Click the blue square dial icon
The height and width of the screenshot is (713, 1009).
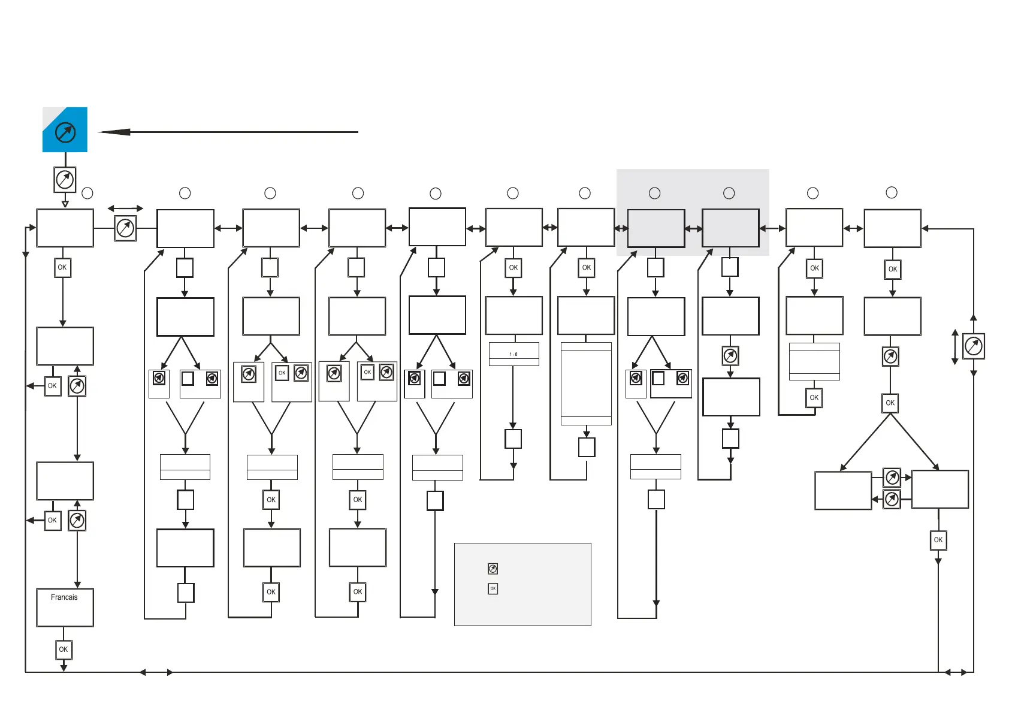(x=65, y=130)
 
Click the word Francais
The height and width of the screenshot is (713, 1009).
(x=64, y=597)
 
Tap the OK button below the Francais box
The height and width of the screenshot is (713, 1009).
(x=64, y=649)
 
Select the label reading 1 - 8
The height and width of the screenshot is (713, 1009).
(x=513, y=354)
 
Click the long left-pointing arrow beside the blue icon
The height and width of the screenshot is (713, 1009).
(x=228, y=132)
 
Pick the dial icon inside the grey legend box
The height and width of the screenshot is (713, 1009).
(x=493, y=569)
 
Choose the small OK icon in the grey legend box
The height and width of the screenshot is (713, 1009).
(x=493, y=589)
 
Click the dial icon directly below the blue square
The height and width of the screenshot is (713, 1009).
(x=65, y=179)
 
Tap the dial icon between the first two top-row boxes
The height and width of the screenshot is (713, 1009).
(x=125, y=228)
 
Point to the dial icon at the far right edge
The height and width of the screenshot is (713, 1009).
(x=974, y=346)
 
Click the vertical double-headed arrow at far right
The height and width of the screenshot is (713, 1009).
(x=955, y=346)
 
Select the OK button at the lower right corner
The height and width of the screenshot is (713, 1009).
(x=938, y=540)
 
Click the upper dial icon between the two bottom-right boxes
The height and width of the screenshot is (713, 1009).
(x=892, y=478)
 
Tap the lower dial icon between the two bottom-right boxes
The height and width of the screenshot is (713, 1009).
(x=892, y=499)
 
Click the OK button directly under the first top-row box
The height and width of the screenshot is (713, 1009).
(x=62, y=268)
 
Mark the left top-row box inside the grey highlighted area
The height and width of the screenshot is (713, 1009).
(x=656, y=228)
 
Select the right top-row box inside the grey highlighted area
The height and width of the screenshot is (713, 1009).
(x=730, y=228)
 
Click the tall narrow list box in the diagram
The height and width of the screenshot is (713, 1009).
(x=586, y=383)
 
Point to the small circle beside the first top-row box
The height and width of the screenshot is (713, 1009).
(x=87, y=193)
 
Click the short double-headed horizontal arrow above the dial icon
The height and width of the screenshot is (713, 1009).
(x=125, y=209)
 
